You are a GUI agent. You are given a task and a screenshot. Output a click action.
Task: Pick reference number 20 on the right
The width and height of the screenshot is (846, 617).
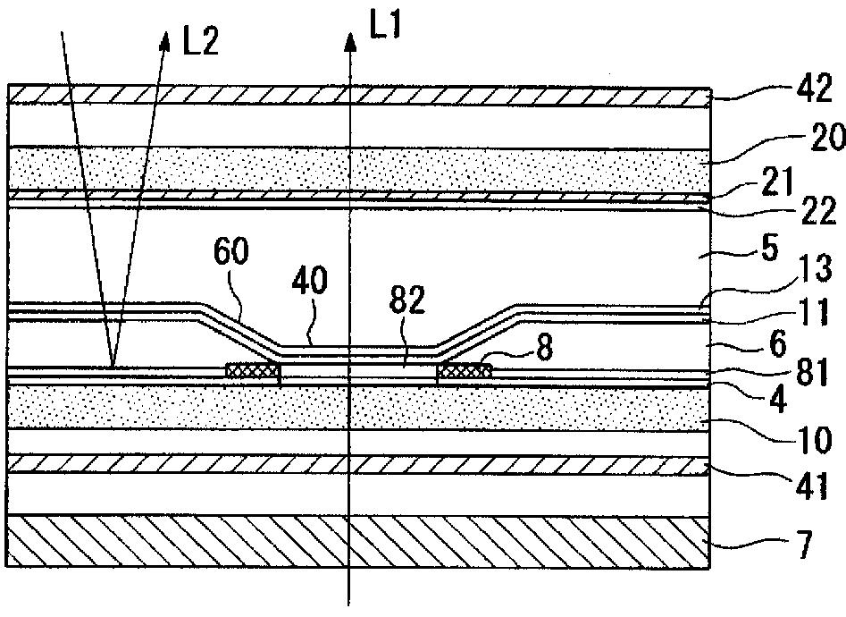point(808,139)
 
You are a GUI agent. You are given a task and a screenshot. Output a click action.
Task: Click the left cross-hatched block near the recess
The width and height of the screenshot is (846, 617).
point(254,369)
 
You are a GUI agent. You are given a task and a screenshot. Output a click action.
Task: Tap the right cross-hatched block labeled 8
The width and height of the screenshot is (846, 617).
point(463,368)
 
